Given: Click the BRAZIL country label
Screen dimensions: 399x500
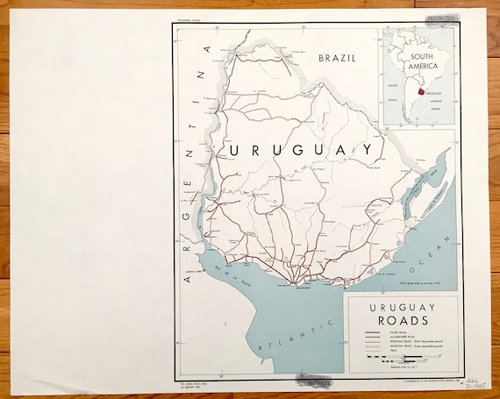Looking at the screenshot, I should [x=337, y=59].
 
